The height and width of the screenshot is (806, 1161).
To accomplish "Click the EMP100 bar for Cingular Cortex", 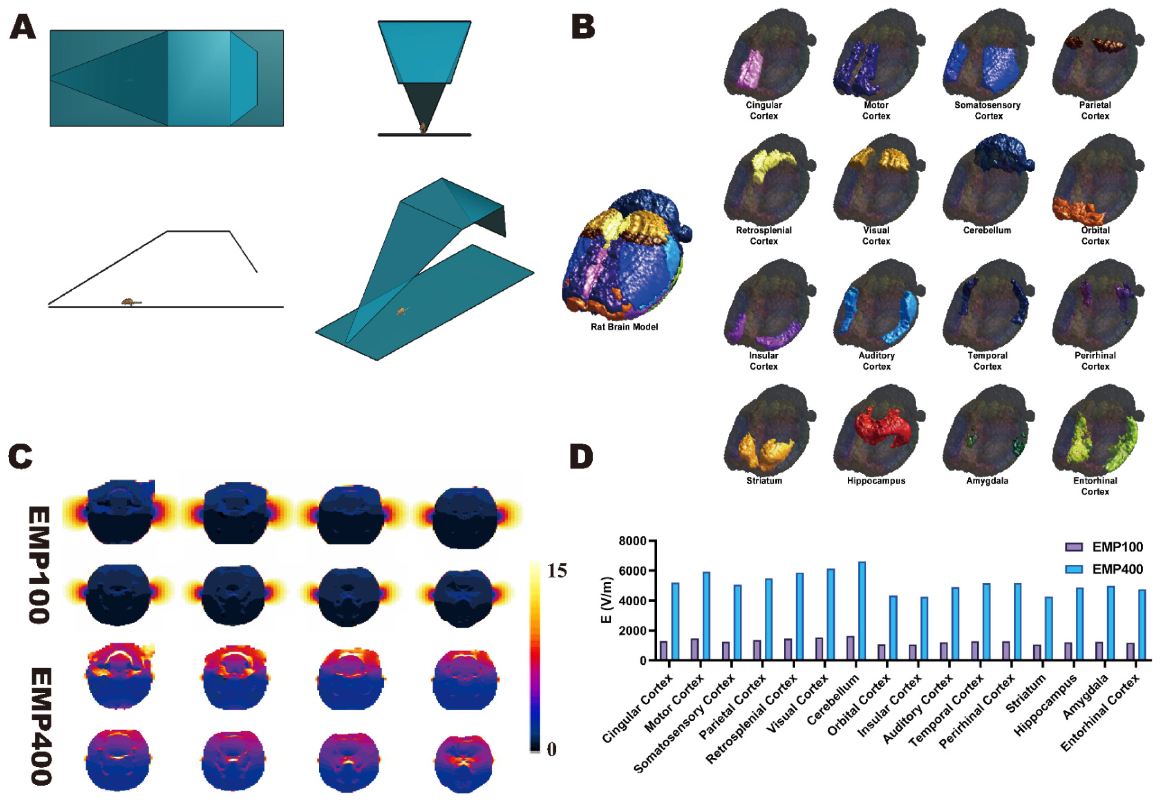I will point(663,650).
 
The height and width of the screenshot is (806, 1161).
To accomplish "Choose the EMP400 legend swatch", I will point(1074,569).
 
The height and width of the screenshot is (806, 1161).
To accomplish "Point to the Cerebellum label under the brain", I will point(987,230).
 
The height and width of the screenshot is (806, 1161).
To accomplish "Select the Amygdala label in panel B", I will point(987,481).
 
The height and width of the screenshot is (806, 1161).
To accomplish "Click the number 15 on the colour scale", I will point(557,571).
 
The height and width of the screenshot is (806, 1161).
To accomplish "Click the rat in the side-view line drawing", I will point(131,302).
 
